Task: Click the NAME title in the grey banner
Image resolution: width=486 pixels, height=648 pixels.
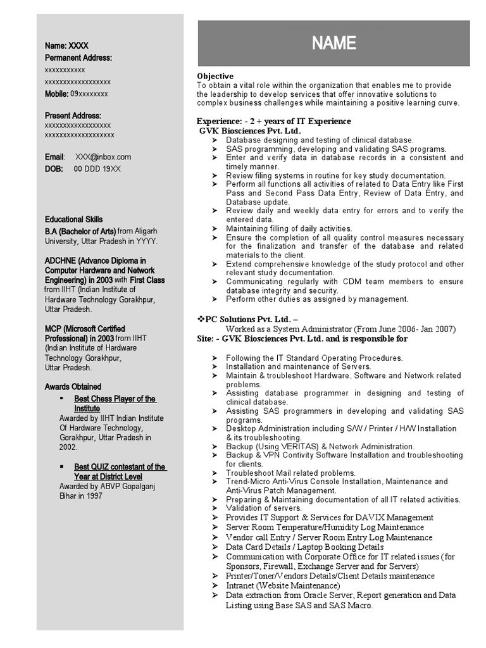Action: click(x=333, y=43)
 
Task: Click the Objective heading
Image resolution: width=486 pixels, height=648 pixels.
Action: click(x=215, y=76)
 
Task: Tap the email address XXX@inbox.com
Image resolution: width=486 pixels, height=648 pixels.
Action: click(x=103, y=157)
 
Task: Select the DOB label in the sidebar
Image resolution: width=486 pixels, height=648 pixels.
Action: click(x=54, y=169)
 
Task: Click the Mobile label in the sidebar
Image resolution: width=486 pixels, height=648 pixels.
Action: click(x=56, y=94)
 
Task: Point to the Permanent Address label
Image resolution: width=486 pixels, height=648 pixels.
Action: click(x=78, y=58)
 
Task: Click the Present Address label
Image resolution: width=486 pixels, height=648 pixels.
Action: click(x=73, y=116)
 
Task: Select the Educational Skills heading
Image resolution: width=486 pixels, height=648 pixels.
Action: click(x=73, y=220)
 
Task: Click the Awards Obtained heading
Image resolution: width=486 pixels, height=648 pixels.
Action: click(x=73, y=387)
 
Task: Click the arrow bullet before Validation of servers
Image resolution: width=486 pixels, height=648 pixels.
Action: click(x=215, y=508)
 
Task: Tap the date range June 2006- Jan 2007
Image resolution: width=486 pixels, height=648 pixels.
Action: click(x=416, y=329)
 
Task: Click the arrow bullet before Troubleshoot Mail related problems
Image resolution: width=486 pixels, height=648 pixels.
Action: click(x=215, y=473)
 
